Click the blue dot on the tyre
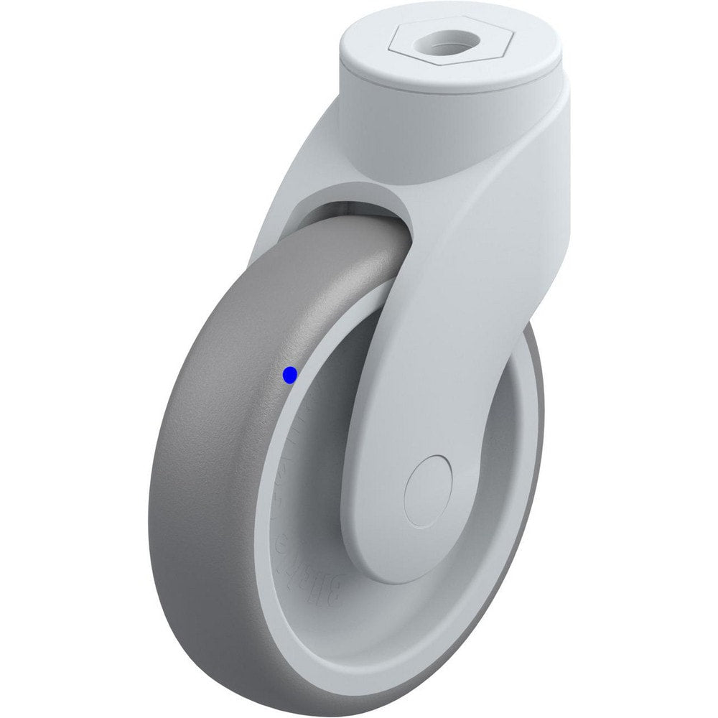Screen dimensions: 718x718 click(x=290, y=375)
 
